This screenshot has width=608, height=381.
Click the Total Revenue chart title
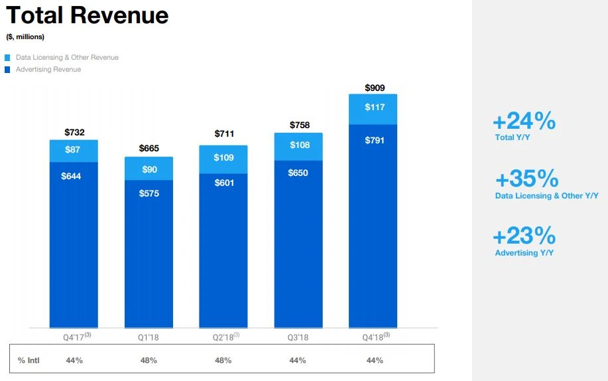tap(87, 15)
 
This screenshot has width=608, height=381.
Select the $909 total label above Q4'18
tap(375, 88)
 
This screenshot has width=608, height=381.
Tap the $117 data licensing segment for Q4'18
tap(375, 107)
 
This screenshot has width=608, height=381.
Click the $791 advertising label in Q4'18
tap(375, 140)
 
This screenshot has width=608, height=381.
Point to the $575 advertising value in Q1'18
tap(149, 193)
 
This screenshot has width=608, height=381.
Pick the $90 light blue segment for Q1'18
tap(149, 169)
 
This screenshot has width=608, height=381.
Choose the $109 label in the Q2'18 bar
tap(224, 158)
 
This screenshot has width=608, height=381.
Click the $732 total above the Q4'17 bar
tap(74, 132)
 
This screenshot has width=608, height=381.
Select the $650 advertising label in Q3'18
tap(298, 173)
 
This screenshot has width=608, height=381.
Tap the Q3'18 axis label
tap(298, 337)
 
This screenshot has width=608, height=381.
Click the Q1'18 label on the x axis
tap(149, 337)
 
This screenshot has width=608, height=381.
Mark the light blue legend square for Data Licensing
tap(8, 58)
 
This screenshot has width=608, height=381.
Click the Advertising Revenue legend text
tap(48, 69)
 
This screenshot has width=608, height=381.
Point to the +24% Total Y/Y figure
tap(524, 121)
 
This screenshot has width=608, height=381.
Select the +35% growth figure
tap(526, 179)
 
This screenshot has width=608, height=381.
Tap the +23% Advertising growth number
tap(524, 236)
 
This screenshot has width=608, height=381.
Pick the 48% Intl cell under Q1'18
tap(149, 360)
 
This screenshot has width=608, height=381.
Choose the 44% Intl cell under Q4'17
tap(74, 360)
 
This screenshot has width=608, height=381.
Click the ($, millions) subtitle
tap(25, 37)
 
